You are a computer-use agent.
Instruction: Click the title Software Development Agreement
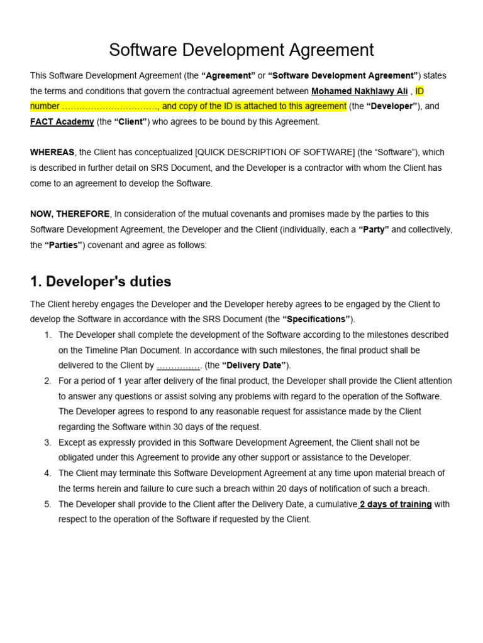pos(241,50)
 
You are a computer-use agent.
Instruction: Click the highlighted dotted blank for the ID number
pos(109,107)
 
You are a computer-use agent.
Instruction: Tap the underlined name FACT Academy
pos(62,122)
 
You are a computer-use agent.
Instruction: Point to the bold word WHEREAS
pos(52,153)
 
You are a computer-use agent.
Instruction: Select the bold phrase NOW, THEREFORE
pos(70,214)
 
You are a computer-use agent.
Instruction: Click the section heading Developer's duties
pos(101,281)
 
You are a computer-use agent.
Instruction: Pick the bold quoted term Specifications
pos(318,319)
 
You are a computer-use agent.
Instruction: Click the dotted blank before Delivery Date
pos(179,365)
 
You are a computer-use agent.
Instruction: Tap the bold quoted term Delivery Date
pos(254,365)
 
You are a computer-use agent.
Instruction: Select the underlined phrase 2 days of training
pos(395,504)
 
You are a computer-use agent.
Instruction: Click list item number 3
pos(48,443)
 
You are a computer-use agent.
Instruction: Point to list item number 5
pos(48,504)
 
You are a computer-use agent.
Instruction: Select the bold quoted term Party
pos(374,230)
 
